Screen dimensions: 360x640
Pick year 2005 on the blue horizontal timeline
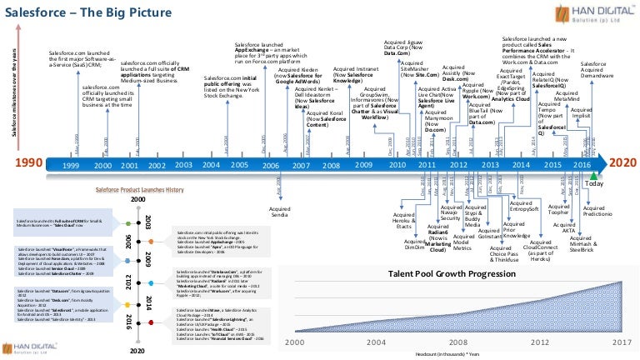pos(240,165)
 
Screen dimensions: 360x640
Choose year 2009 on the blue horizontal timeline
pos(363,165)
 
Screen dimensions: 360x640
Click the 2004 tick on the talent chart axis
pos(367,342)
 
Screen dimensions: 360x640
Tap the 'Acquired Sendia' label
pos(279,212)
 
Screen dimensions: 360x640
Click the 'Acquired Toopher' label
pos(558,208)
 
